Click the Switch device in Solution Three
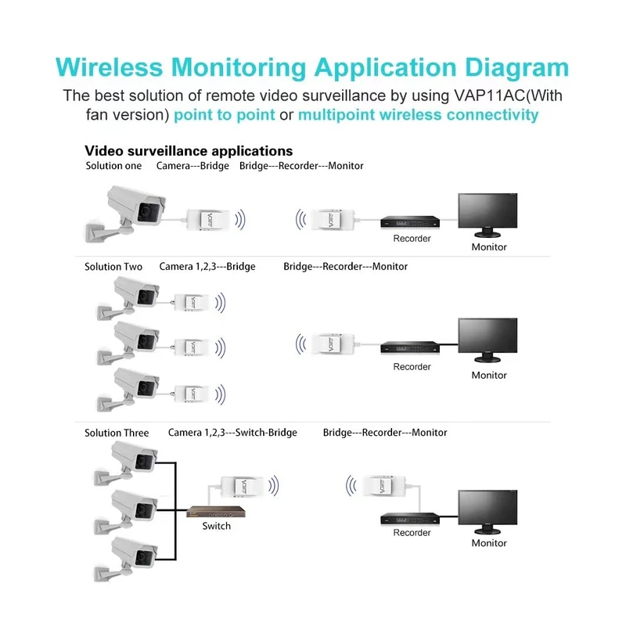tap(216, 512)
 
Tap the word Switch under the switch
tap(217, 526)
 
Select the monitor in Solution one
tap(487, 215)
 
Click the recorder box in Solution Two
tap(410, 347)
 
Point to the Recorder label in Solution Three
tap(412, 533)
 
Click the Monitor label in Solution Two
tap(489, 376)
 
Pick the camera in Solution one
tap(125, 214)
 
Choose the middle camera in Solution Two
tap(128, 343)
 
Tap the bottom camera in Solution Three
tap(126, 559)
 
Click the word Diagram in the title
tap(516, 67)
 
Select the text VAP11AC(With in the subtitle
tap(508, 95)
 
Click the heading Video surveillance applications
tap(189, 151)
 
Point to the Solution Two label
tap(113, 267)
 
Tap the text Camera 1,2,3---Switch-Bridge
tap(232, 433)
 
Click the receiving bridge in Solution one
tap(332, 220)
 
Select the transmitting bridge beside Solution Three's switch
tap(243, 486)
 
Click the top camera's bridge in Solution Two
tap(191, 303)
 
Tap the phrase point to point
tap(225, 115)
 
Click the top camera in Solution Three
tap(126, 463)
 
